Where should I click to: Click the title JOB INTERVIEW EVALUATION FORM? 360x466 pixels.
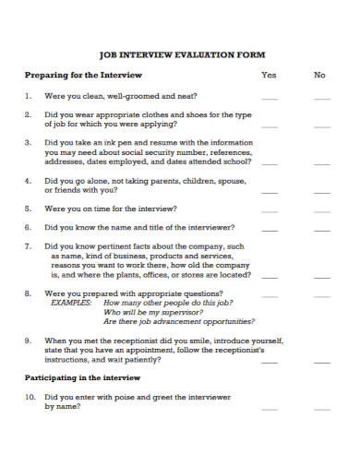tap(181, 55)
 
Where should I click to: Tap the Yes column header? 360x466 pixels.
tap(269, 75)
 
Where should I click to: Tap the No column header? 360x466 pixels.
tap(320, 75)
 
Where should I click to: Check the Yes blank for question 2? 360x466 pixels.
tap(269, 125)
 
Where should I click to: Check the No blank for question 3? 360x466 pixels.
tap(321, 164)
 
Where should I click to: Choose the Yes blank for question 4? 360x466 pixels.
tap(269, 192)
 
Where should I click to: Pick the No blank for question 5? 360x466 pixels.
tap(321, 211)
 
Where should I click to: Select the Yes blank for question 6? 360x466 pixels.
tap(269, 229)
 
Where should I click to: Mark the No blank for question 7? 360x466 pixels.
tap(321, 276)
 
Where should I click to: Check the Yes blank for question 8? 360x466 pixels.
tap(269, 295)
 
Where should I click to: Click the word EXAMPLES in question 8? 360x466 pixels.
tap(71, 303)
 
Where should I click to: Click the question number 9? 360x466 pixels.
tap(28, 341)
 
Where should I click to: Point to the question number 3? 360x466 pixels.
tap(28, 143)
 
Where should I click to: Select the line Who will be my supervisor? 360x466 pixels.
tap(151, 312)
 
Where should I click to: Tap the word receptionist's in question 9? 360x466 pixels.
tap(236, 350)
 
